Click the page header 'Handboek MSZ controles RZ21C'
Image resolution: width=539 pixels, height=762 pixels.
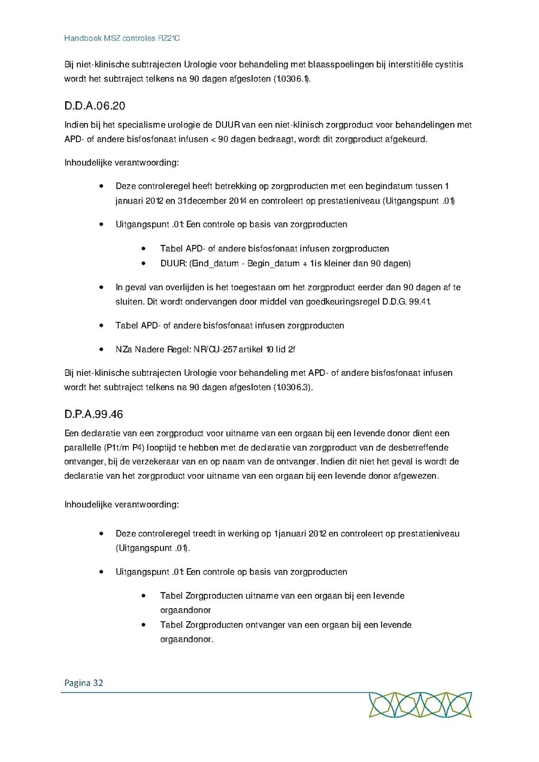pyautogui.click(x=122, y=38)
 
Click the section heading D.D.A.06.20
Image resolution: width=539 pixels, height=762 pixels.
pyautogui.click(x=95, y=106)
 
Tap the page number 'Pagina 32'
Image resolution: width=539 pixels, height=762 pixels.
pyautogui.click(x=84, y=682)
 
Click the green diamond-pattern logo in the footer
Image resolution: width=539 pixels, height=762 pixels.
pyautogui.click(x=420, y=705)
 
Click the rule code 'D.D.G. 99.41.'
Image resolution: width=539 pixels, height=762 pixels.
pyautogui.click(x=407, y=302)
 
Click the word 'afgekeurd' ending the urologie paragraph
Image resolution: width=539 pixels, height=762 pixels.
pyautogui.click(x=407, y=139)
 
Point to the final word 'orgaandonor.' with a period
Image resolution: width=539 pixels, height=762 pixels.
pyautogui.click(x=187, y=639)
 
